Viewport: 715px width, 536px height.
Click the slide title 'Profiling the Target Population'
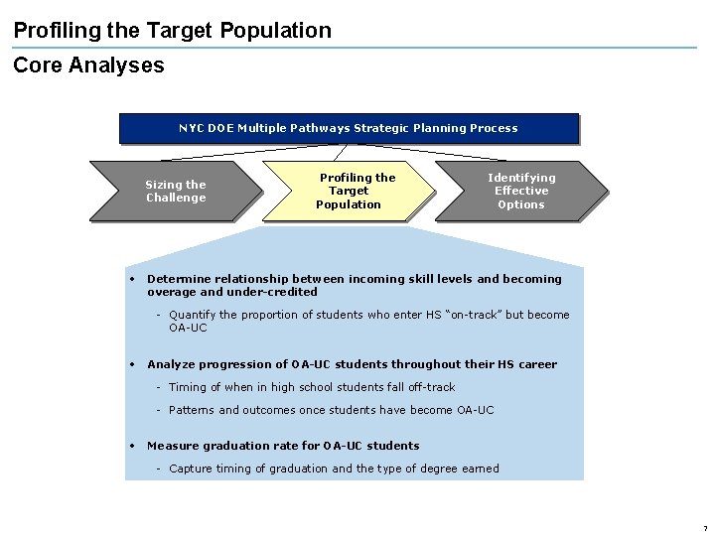[173, 31]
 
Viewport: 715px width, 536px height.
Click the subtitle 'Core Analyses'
[88, 66]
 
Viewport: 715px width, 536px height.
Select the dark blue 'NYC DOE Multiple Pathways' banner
[349, 128]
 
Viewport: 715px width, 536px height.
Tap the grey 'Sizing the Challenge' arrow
[175, 191]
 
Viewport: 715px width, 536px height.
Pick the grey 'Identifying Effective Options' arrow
[521, 191]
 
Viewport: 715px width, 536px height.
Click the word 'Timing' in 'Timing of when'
[188, 387]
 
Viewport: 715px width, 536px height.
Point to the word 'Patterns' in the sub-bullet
[192, 410]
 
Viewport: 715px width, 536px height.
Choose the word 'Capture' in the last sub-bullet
[192, 469]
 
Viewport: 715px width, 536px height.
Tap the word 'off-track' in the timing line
[432, 387]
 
